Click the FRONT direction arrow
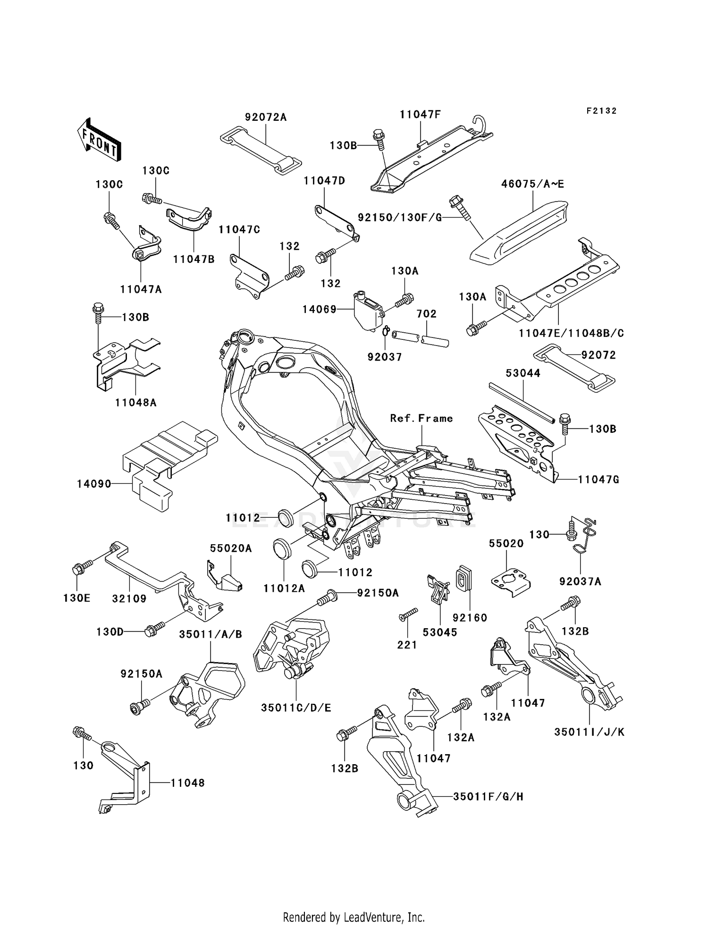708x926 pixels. click(x=99, y=140)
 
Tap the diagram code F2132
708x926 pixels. click(x=601, y=111)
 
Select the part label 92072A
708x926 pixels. click(x=266, y=117)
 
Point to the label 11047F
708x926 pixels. click(x=420, y=114)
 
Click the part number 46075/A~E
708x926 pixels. click(x=532, y=184)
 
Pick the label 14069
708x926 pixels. click(x=320, y=309)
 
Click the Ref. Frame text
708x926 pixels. click(x=421, y=418)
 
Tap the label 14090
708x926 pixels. click(x=94, y=484)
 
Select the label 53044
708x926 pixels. click(x=523, y=373)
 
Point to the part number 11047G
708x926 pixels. click(x=598, y=480)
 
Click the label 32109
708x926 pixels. click(x=129, y=598)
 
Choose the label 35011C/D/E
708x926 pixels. click(x=296, y=708)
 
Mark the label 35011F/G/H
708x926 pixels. click(x=488, y=797)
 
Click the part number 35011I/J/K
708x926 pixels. click(x=589, y=732)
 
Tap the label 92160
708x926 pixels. click(x=470, y=617)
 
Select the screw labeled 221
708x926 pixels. click(x=409, y=614)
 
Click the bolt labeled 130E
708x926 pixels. click(x=78, y=570)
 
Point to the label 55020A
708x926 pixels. click(x=231, y=548)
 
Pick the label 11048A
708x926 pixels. click(x=135, y=403)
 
